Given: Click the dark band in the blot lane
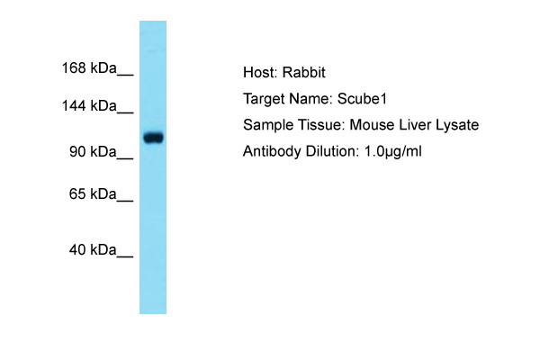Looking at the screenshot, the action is click(153, 138).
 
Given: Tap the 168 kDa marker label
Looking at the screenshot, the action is click(89, 67).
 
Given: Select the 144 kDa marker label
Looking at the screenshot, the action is click(89, 105).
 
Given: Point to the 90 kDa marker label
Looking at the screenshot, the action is click(93, 151).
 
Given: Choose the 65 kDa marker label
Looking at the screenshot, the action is click(93, 194).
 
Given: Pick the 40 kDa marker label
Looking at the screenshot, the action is click(93, 250).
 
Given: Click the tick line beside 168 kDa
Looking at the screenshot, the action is click(125, 75).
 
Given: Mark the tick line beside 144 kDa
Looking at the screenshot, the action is click(125, 112).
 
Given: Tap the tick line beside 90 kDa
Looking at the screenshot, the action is click(125, 158).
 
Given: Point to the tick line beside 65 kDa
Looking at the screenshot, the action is click(125, 201).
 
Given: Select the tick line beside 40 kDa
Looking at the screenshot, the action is click(125, 256).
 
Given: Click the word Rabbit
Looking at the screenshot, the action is click(304, 72).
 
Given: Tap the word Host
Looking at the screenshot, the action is click(260, 72).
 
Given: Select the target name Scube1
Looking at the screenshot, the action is click(362, 99).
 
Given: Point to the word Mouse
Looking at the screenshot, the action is click(372, 125).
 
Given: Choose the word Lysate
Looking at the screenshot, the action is click(457, 125).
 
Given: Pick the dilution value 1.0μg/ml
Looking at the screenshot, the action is click(393, 152).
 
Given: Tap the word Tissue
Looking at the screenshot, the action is click(321, 125).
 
